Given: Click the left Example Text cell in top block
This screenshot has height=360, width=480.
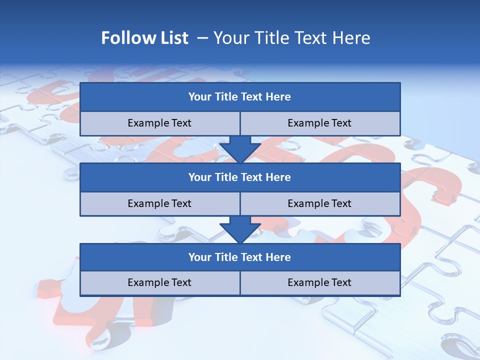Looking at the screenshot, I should pyautogui.click(x=160, y=123).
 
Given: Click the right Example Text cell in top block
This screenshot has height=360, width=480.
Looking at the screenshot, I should pyautogui.click(x=320, y=123).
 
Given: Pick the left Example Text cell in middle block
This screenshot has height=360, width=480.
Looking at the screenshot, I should pyautogui.click(x=160, y=203).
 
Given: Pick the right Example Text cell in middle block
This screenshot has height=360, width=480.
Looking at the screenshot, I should pyautogui.click(x=320, y=203).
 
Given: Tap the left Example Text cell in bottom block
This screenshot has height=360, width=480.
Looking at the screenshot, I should pyautogui.click(x=160, y=283).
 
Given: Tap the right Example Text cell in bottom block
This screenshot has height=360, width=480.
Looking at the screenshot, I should pyautogui.click(x=320, y=283).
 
